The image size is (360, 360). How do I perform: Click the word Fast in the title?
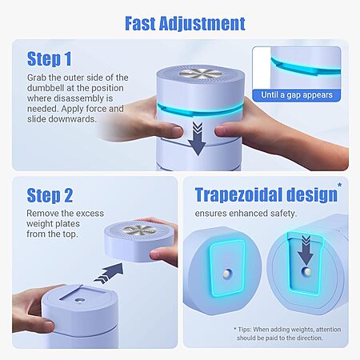click(140, 23)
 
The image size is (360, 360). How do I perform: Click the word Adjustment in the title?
click(202, 24)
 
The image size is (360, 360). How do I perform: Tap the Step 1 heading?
click(50, 59)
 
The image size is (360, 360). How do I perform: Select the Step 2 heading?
click(50, 195)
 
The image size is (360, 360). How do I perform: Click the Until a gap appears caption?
click(297, 95)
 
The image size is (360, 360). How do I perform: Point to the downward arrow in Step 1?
click(197, 138)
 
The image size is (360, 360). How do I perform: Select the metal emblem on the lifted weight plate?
click(139, 230)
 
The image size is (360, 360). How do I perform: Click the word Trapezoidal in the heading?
click(238, 195)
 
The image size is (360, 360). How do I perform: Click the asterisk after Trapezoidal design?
click(339, 185)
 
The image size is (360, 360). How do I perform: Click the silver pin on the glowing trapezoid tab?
click(227, 273)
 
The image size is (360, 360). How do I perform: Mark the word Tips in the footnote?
click(244, 330)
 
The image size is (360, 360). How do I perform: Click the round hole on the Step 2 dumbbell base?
click(79, 300)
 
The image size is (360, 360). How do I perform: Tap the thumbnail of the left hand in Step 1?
click(177, 131)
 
